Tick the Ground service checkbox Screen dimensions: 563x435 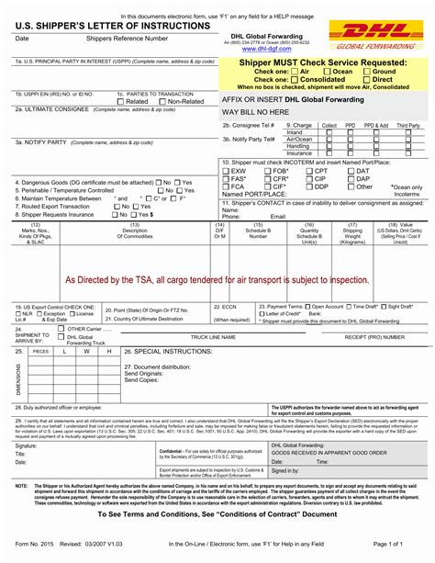[x=365, y=71]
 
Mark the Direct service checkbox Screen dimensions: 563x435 [x=365, y=80]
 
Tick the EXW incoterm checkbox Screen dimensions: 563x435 [x=227, y=171]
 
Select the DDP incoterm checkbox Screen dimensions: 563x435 [x=309, y=186]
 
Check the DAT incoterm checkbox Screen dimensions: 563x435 [x=351, y=171]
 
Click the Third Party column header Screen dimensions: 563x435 [x=407, y=125]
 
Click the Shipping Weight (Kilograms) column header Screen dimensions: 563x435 [x=352, y=232]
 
